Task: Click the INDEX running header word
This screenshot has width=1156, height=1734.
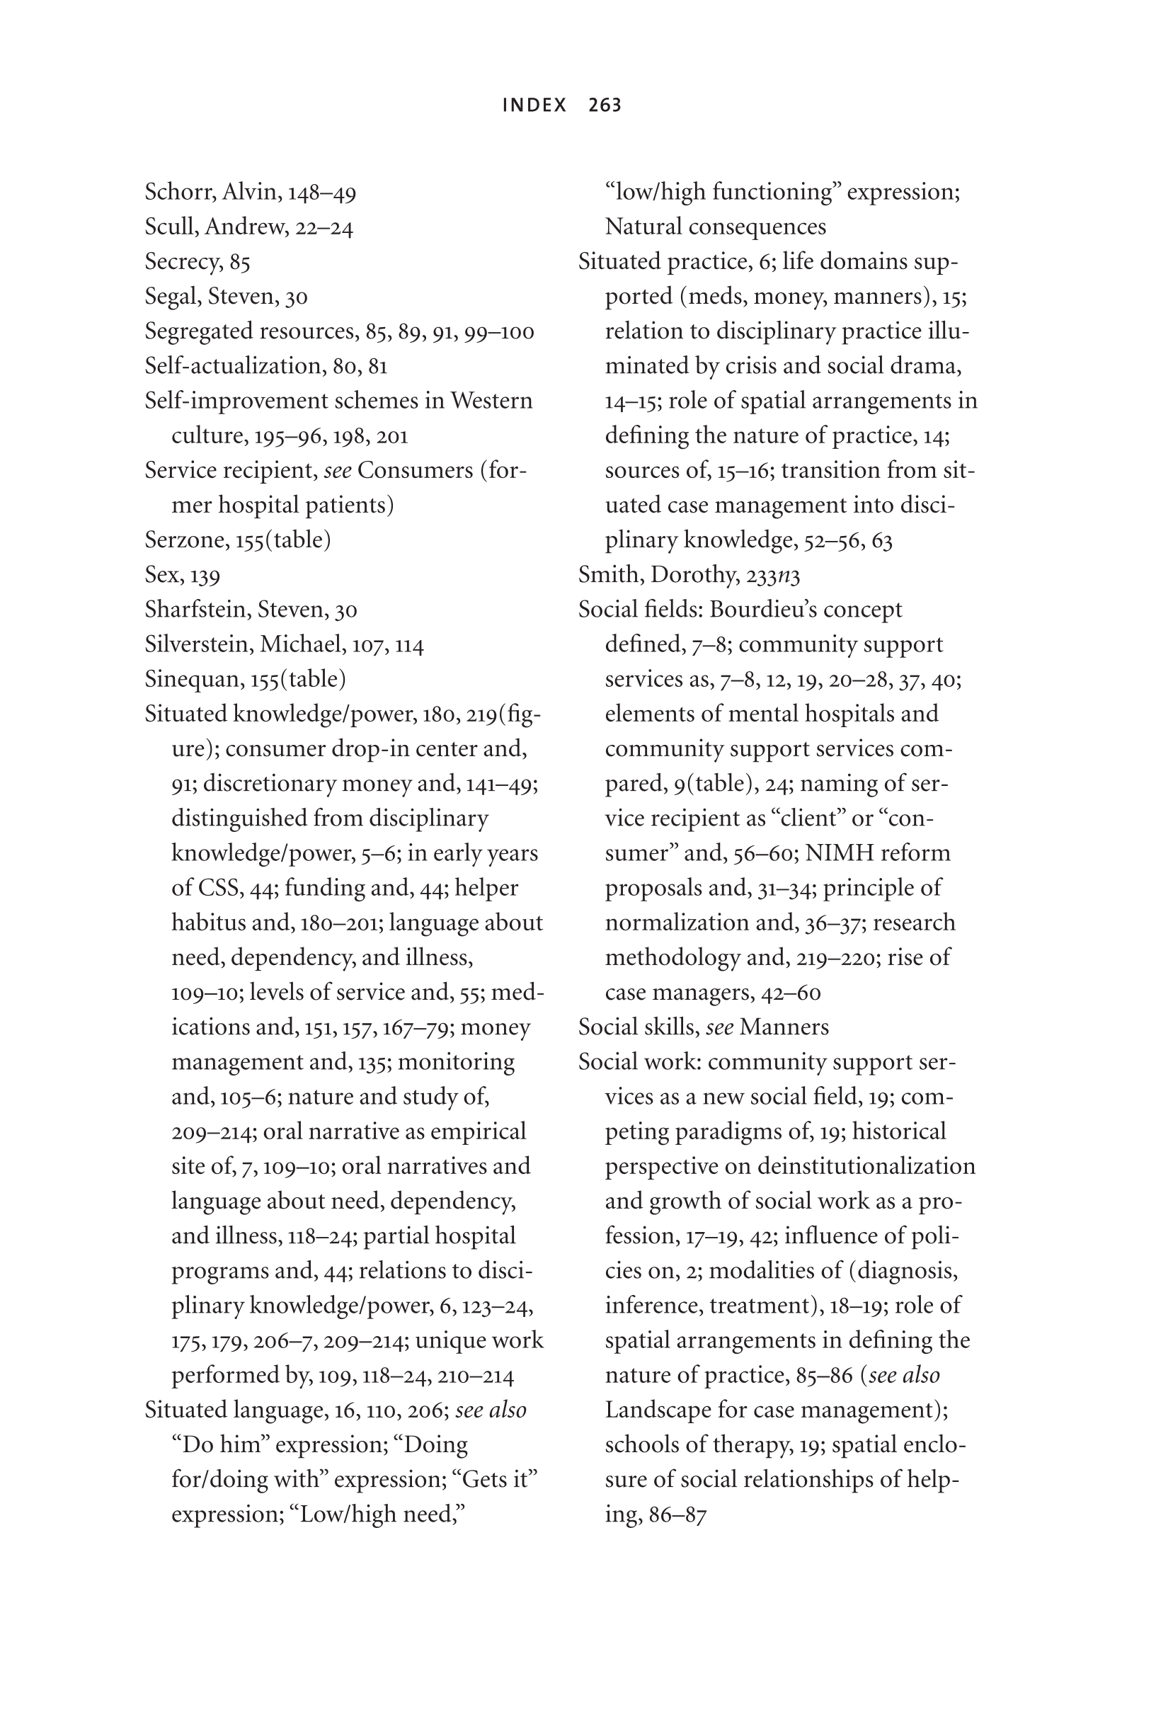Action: (x=534, y=105)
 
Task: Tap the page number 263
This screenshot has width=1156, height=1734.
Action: (x=605, y=105)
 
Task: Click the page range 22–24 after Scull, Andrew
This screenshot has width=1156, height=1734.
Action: (x=324, y=227)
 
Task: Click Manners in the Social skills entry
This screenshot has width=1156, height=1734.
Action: (x=784, y=1027)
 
